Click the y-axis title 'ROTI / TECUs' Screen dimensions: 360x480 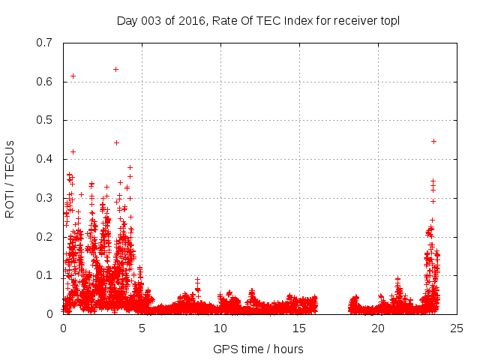click(10, 178)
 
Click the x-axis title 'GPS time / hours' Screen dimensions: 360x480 click(258, 349)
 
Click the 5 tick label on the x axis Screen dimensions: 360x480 click(142, 328)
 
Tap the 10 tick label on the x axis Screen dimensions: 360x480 click(220, 328)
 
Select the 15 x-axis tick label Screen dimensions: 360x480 click(299, 328)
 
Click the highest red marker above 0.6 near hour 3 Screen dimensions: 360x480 click(115, 69)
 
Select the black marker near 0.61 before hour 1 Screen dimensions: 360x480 click(73, 76)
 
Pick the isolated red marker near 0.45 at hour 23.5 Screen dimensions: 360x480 click(433, 141)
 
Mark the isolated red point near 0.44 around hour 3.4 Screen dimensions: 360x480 click(116, 142)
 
